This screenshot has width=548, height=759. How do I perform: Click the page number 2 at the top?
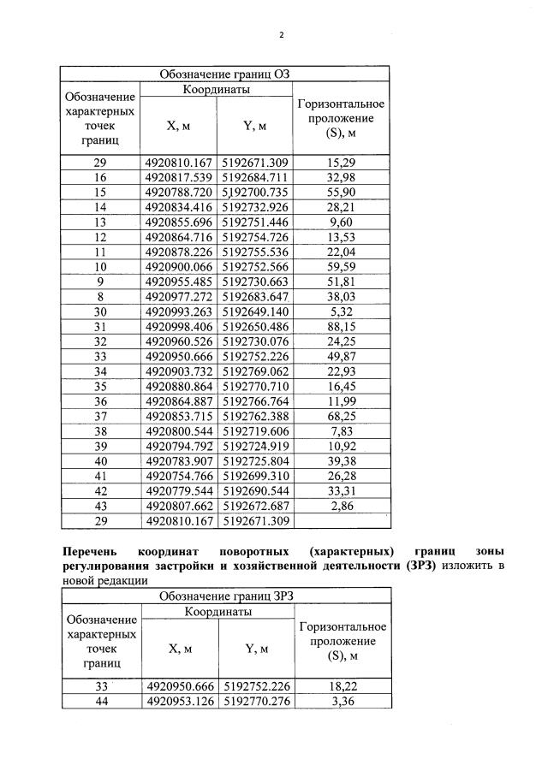pyautogui.click(x=280, y=35)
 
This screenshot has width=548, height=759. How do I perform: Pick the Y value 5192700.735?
pyautogui.click(x=255, y=192)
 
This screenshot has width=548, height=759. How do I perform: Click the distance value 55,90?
pyautogui.click(x=340, y=192)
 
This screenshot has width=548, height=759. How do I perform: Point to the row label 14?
pyautogui.click(x=99, y=207)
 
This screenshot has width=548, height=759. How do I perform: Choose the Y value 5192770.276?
pyautogui.click(x=256, y=702)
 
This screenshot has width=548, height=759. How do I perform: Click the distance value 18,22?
pyautogui.click(x=341, y=686)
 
